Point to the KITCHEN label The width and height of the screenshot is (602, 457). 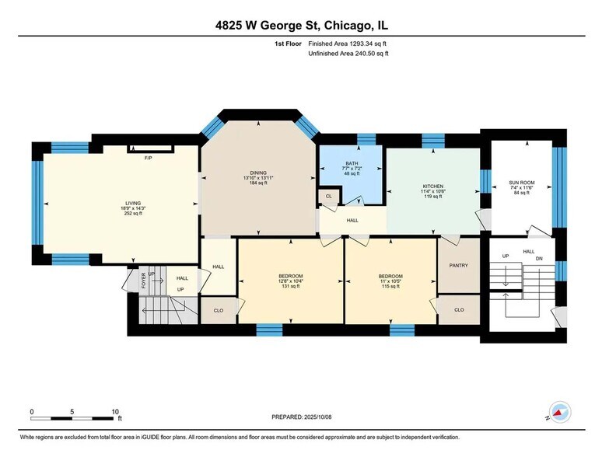point(432,187)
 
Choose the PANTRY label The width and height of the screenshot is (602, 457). point(458,266)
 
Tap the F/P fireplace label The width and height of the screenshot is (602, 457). point(148,158)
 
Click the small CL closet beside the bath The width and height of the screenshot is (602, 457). point(329,197)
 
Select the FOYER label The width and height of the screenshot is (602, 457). point(143,280)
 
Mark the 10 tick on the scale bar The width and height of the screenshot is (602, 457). point(114,412)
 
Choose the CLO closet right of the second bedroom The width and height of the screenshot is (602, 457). point(458,310)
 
